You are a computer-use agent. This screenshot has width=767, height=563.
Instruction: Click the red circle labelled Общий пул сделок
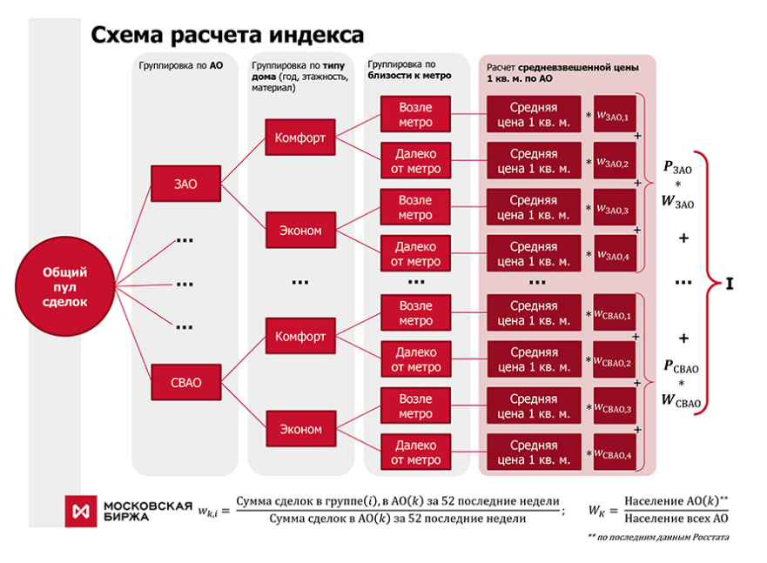pyautogui.click(x=64, y=286)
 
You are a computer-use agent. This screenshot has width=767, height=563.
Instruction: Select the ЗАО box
pyautogui.click(x=186, y=184)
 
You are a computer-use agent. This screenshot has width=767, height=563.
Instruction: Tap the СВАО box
pyautogui.click(x=186, y=382)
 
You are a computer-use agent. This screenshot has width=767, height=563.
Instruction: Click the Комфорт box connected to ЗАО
pyautogui.click(x=300, y=137)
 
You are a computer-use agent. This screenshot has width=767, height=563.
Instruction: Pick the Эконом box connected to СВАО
pyautogui.click(x=301, y=429)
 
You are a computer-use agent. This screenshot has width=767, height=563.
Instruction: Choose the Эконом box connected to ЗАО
pyautogui.click(x=301, y=231)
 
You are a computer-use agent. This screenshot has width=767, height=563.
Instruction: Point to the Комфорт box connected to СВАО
pyautogui.click(x=300, y=336)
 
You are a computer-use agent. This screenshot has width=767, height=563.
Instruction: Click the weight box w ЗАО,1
pyautogui.click(x=615, y=114)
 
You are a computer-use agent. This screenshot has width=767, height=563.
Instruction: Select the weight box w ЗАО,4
pyautogui.click(x=616, y=253)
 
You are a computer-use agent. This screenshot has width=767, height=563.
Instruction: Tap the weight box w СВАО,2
pyautogui.click(x=615, y=359)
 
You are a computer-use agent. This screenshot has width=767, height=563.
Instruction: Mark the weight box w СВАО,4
pyautogui.click(x=615, y=452)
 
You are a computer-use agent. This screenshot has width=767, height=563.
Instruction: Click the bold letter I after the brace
pyautogui.click(x=730, y=284)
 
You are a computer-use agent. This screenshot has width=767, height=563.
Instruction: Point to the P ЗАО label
pyautogui.click(x=677, y=168)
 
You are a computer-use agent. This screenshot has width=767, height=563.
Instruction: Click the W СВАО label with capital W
pyautogui.click(x=681, y=401)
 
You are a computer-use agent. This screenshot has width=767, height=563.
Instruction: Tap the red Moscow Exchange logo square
pyautogui.click(x=81, y=512)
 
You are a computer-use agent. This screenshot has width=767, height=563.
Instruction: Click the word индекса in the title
pyautogui.click(x=317, y=35)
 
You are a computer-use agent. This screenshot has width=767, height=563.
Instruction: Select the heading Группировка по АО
pyautogui.click(x=181, y=65)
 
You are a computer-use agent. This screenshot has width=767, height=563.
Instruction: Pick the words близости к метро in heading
pyautogui.click(x=409, y=76)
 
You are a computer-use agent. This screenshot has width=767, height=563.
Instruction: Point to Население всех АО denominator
pyautogui.click(x=676, y=519)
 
